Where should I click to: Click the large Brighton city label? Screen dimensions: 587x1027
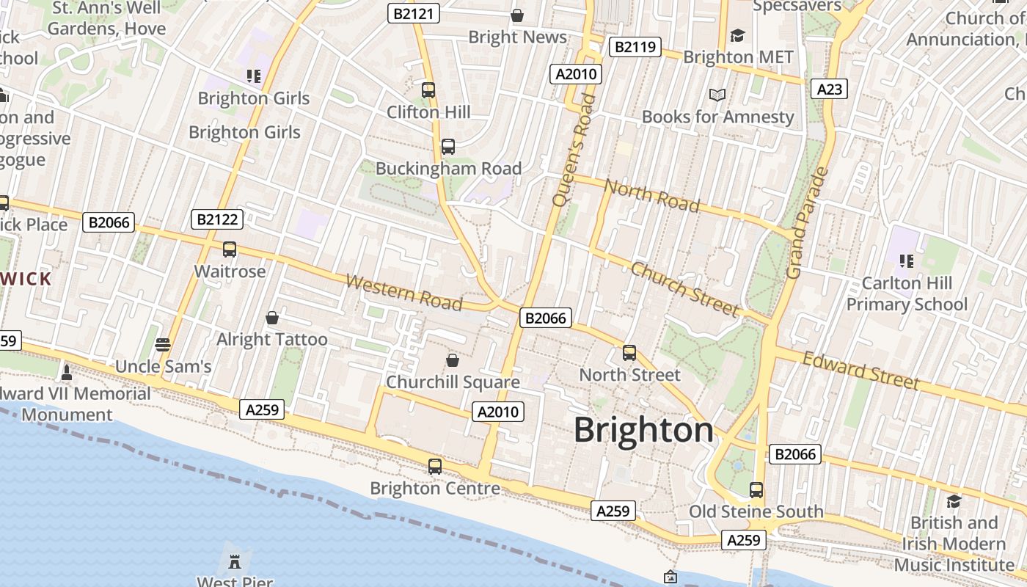pos(643,430)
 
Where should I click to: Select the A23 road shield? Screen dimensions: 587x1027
pos(830,89)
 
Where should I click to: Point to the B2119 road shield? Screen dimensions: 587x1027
pos(635,47)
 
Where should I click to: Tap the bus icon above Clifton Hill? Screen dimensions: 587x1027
pos(428,90)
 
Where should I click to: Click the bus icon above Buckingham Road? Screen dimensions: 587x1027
pos(448,147)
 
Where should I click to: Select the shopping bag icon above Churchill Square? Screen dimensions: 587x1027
pos(453,360)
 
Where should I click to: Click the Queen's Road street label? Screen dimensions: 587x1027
pos(571,150)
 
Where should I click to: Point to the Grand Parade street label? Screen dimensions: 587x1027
pos(807,223)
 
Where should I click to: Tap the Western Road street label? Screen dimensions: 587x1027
pos(403,292)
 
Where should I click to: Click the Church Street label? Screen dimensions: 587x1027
pos(684,289)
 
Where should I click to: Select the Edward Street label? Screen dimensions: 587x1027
pos(860,370)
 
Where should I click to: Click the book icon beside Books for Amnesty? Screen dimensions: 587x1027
pos(717,95)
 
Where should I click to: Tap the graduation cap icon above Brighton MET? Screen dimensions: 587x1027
pos(737,35)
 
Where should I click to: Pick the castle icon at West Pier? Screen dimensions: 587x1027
pos(235,563)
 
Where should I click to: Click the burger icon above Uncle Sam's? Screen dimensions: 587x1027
pos(163,344)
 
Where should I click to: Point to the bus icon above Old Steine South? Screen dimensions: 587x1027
pos(756,489)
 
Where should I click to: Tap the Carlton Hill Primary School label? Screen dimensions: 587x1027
pos(907,293)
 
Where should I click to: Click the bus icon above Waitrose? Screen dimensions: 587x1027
pos(230,249)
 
